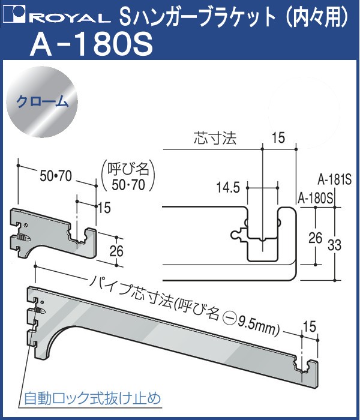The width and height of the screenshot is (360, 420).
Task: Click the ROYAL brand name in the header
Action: (x=73, y=18)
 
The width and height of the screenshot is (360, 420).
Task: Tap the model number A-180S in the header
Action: (x=92, y=45)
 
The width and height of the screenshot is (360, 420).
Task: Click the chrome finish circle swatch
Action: (x=42, y=103)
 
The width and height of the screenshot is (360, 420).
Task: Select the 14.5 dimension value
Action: (x=229, y=187)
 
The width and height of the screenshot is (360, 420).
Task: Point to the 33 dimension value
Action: (x=334, y=245)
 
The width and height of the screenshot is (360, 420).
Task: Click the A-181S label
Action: (x=334, y=180)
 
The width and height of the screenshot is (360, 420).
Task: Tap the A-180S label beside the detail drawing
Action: (x=316, y=199)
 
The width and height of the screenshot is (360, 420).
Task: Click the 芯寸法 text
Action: (x=215, y=139)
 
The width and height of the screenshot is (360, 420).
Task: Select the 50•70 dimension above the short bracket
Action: (x=56, y=177)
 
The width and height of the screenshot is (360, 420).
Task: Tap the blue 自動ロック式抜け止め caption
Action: (x=92, y=398)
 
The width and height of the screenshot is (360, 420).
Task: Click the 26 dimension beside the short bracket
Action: (x=116, y=251)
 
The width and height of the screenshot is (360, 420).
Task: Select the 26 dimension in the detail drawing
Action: (x=315, y=238)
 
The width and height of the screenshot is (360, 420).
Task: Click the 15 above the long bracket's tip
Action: (x=310, y=326)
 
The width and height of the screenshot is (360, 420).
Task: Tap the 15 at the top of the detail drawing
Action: (x=278, y=138)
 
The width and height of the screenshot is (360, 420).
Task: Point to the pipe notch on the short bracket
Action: (x=77, y=236)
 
